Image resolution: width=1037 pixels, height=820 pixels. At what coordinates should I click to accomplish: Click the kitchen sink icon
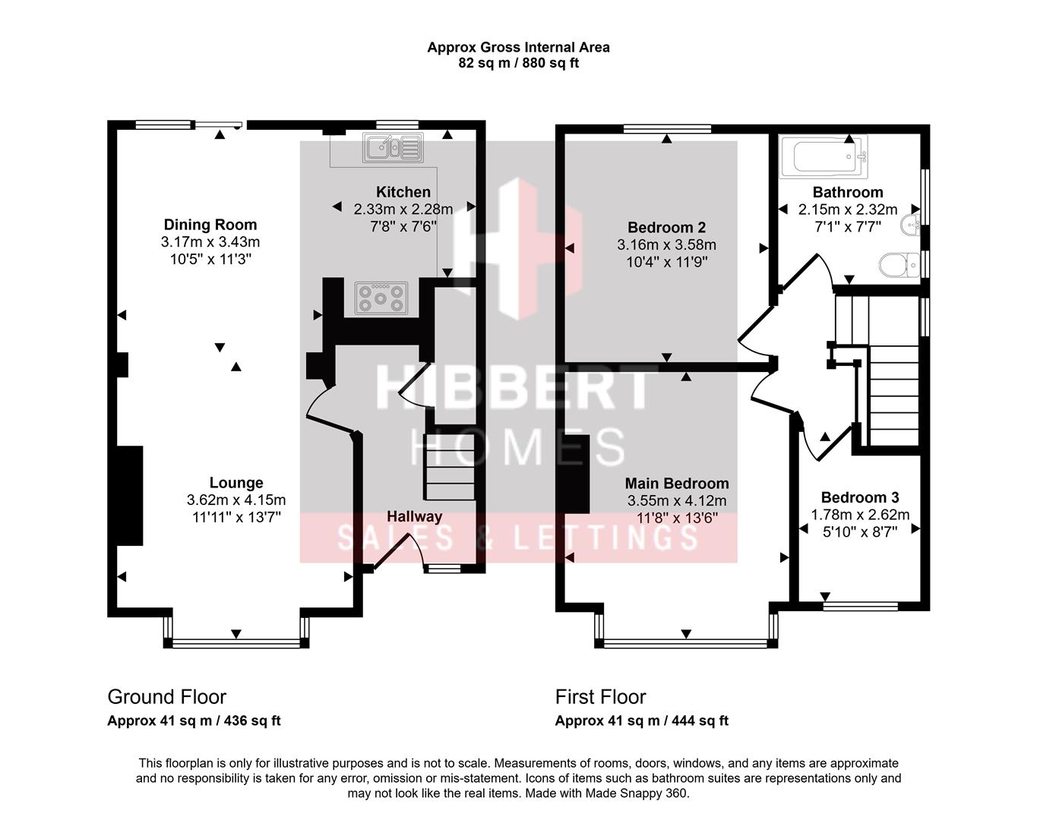[x=394, y=147]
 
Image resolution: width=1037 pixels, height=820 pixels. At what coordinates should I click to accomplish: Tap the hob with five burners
[x=381, y=298]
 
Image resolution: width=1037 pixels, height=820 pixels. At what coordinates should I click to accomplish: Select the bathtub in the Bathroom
[x=824, y=156]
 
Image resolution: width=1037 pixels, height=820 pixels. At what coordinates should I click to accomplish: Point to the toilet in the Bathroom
[x=899, y=264]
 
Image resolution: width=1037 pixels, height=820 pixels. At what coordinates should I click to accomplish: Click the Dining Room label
[x=210, y=225]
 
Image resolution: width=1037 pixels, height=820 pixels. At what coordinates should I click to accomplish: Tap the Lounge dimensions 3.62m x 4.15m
[x=236, y=500]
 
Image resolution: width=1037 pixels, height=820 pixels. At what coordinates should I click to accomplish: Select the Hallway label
[x=414, y=516]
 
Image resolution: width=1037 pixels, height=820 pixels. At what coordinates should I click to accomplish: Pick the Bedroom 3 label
[x=860, y=497]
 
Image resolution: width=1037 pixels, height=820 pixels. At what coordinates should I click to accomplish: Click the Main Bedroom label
[x=677, y=483]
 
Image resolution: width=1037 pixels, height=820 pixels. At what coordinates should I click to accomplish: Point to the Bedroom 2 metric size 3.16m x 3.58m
[x=666, y=244]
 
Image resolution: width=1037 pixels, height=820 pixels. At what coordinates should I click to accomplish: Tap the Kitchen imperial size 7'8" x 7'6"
[x=403, y=226]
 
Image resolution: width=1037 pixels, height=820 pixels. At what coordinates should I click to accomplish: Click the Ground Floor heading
[x=166, y=697]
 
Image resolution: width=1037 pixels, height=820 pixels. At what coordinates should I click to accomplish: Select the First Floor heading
[x=600, y=697]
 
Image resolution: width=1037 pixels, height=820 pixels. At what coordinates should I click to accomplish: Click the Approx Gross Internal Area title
[x=518, y=47]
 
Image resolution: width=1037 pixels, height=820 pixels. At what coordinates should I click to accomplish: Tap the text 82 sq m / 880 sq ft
[x=518, y=63]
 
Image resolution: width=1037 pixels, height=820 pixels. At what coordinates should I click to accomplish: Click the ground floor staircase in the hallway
[x=449, y=466]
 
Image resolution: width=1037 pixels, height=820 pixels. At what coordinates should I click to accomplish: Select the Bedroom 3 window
[x=860, y=606]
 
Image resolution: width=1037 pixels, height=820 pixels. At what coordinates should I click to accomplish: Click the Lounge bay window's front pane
[x=236, y=642]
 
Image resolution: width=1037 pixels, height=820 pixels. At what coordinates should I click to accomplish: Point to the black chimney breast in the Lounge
[x=130, y=496]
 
